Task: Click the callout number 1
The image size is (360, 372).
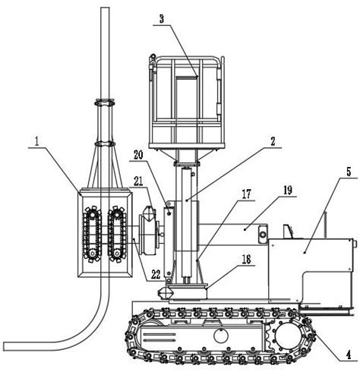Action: pyautogui.click(x=37, y=142)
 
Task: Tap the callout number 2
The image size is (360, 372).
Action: pyautogui.click(x=273, y=141)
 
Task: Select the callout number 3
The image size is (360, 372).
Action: pyautogui.click(x=162, y=19)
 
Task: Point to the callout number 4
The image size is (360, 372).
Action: pyautogui.click(x=349, y=355)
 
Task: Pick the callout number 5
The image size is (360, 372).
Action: pyautogui.click(x=349, y=172)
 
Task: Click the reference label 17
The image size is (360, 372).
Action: pyautogui.click(x=246, y=194)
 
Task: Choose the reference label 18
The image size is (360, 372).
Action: pyautogui.click(x=246, y=260)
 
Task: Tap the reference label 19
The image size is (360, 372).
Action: pyautogui.click(x=287, y=191)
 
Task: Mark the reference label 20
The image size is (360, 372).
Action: pyautogui.click(x=138, y=155)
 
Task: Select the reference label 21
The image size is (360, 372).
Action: pyautogui.click(x=138, y=181)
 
